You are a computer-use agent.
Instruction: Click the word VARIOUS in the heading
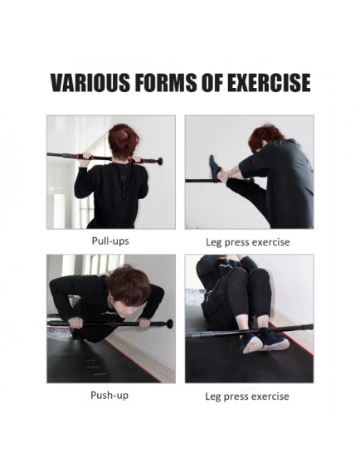coord(90,82)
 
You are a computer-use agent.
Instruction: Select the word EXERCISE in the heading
coord(269,82)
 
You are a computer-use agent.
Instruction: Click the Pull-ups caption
coord(110,241)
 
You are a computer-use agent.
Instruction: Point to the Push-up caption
coord(109,395)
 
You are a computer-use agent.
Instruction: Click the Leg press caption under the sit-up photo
coord(247,397)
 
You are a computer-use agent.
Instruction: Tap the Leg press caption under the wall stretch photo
coord(248,242)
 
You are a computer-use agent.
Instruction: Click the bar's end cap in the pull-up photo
coord(159,162)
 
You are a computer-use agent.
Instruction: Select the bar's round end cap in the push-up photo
coord(170,324)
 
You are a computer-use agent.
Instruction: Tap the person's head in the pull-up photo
coord(123,141)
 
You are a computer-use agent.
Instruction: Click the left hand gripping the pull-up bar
coord(85,159)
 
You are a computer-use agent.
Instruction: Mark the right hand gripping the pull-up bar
coord(137,159)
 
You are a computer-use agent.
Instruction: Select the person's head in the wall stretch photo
coord(263,139)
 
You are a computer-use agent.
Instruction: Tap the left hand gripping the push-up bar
coord(75,323)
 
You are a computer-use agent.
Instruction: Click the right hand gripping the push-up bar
coord(144,324)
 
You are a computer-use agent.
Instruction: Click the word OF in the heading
coord(212,82)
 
